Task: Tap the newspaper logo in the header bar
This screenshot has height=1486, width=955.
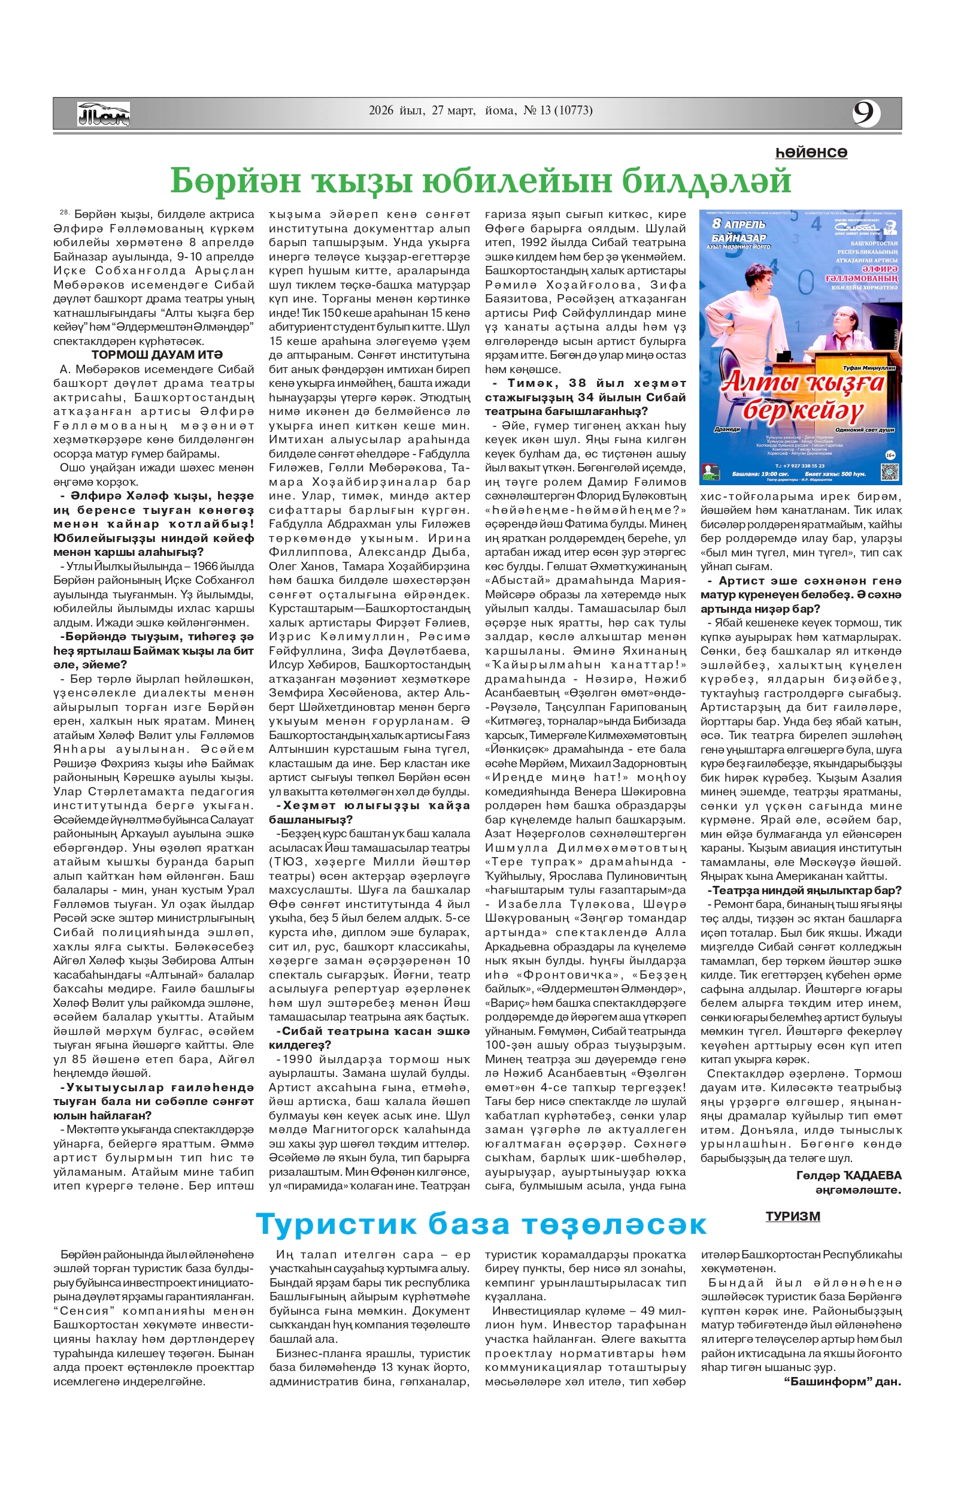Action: [104, 114]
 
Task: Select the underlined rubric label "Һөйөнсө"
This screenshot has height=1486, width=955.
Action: [811, 153]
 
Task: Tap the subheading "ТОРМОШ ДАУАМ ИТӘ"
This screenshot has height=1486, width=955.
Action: [156, 355]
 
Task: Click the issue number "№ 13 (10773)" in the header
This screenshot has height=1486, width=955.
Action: [558, 111]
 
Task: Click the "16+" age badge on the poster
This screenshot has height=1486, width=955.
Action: [890, 455]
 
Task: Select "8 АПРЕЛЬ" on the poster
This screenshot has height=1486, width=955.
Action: [739, 224]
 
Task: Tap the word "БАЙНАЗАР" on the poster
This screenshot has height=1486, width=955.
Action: [739, 237]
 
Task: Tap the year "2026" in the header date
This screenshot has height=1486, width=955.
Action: [381, 111]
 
